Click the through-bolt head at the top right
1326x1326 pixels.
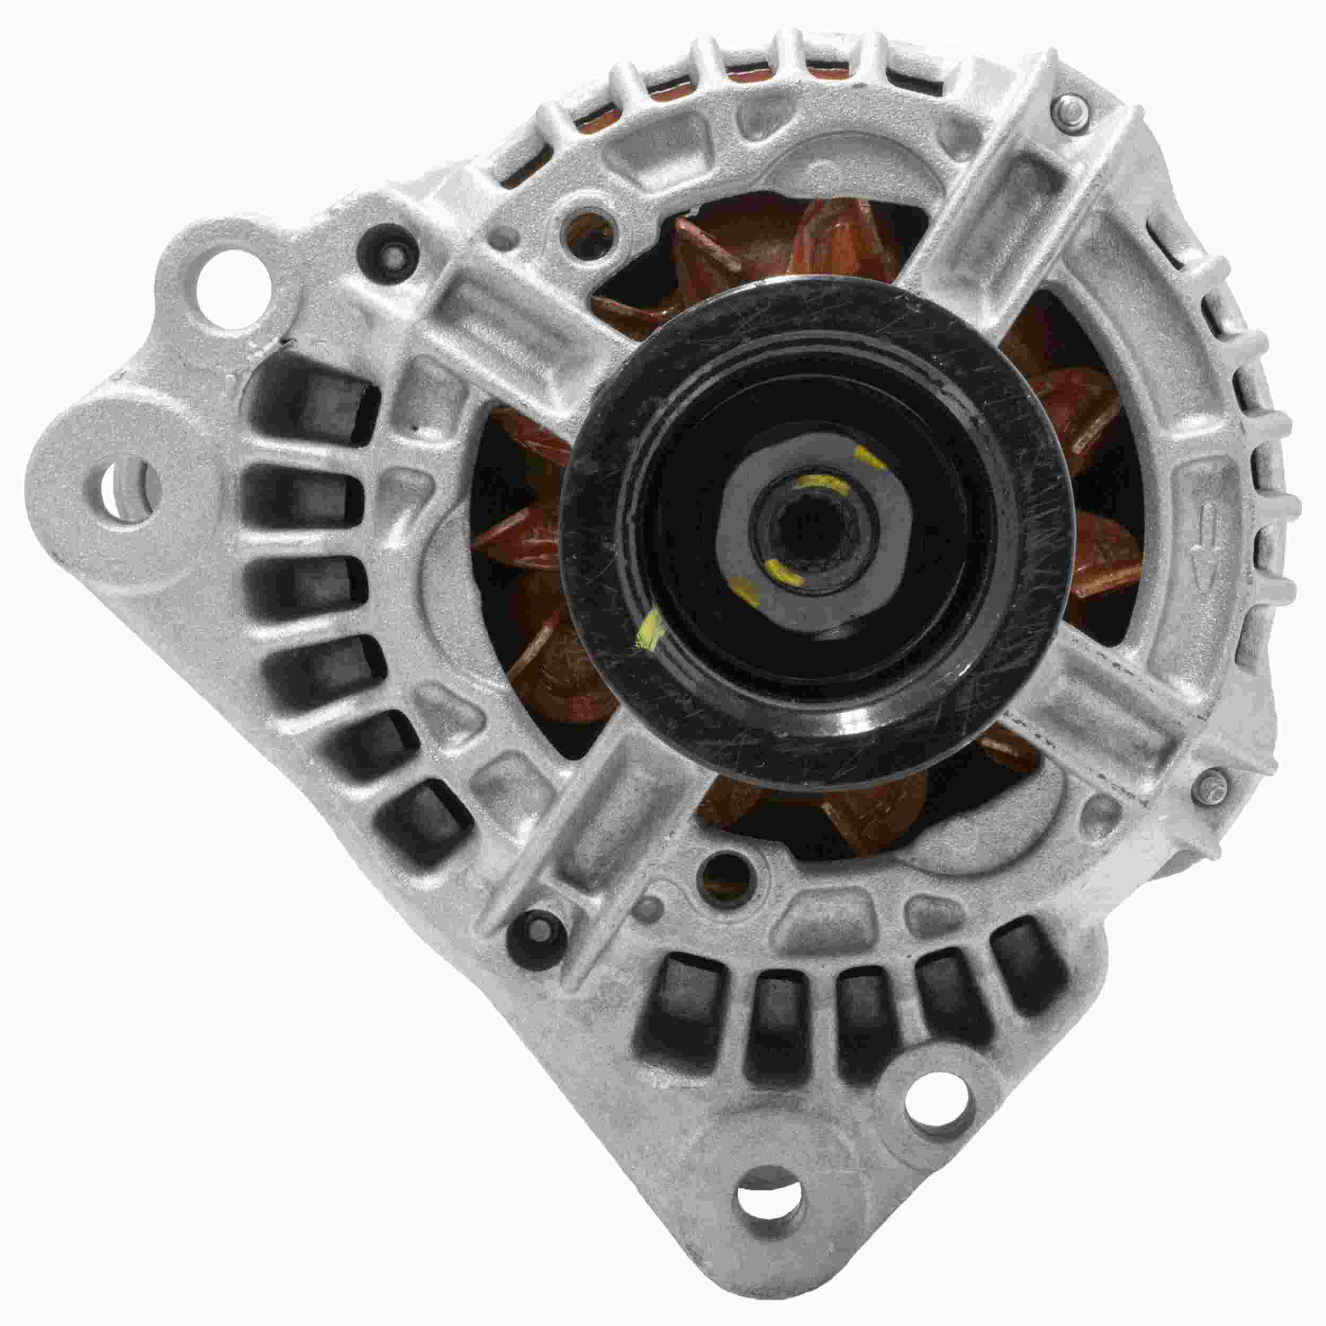[x=1071, y=109]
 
